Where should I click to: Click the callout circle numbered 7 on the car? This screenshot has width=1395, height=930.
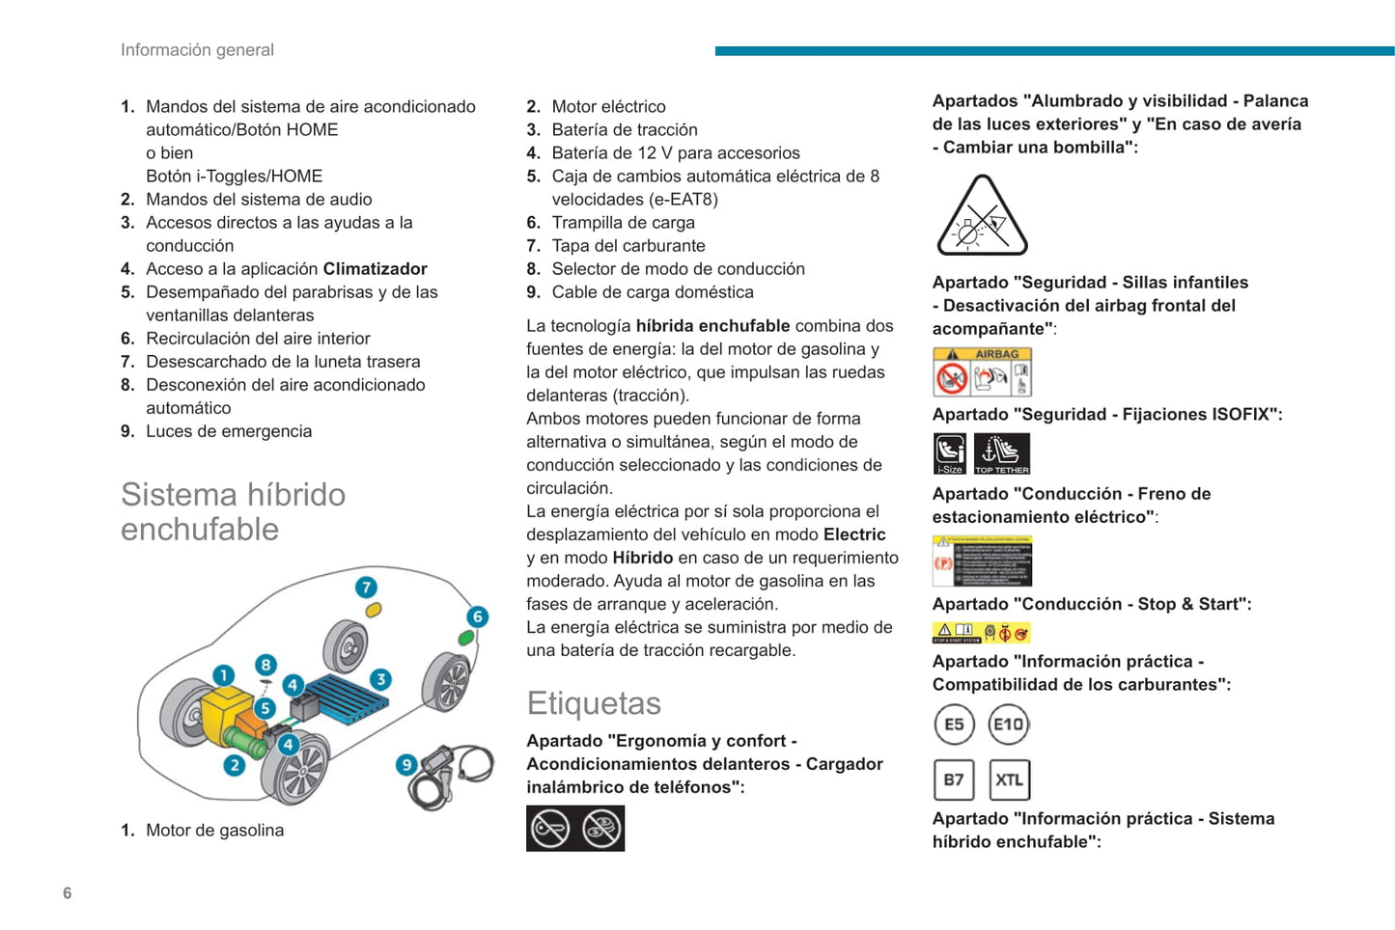click(365, 588)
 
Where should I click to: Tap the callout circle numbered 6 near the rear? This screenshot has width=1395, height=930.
click(477, 616)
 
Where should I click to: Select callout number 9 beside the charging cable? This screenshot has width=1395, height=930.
click(406, 764)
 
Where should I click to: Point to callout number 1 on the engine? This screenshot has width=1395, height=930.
click(223, 675)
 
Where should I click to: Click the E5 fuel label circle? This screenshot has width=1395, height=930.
click(954, 725)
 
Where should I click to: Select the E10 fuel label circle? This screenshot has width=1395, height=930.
click(1009, 725)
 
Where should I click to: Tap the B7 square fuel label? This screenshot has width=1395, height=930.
click(954, 780)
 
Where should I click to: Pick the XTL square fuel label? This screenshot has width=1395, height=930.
click(1010, 780)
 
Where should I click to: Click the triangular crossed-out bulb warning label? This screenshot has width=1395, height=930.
click(982, 218)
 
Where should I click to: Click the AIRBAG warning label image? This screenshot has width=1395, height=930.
click(982, 372)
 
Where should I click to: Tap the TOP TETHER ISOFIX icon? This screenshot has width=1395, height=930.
click(1002, 453)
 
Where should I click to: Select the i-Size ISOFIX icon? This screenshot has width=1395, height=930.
click(950, 453)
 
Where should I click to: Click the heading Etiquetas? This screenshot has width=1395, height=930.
click(594, 703)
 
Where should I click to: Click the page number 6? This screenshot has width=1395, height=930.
click(68, 892)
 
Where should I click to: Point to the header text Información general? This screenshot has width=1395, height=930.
click(197, 50)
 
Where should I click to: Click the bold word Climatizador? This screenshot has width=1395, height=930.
click(375, 269)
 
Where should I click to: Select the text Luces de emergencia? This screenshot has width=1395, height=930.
click(229, 431)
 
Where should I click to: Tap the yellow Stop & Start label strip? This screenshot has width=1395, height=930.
click(981, 633)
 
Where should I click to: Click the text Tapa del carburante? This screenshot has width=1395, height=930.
click(628, 246)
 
